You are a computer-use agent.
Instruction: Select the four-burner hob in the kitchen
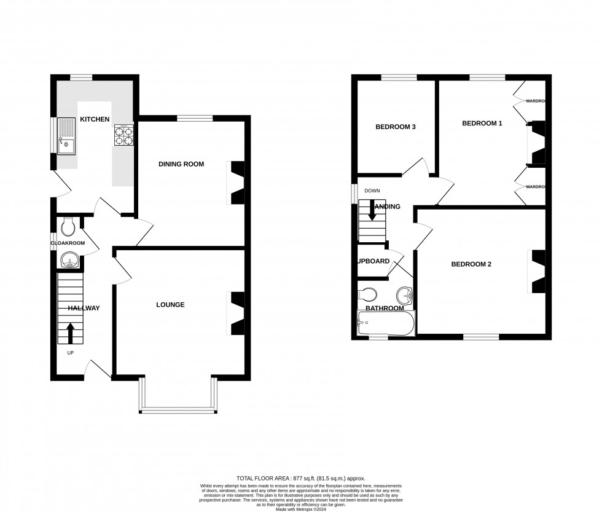pyautogui.click(x=124, y=135)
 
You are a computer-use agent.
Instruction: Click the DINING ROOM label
pyautogui.click(x=181, y=164)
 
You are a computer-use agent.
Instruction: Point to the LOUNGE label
pyautogui.click(x=170, y=305)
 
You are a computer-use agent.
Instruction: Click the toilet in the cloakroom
pyautogui.click(x=68, y=228)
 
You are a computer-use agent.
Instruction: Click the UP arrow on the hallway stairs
pyautogui.click(x=70, y=334)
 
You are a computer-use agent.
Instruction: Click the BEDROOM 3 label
pyautogui.click(x=396, y=127)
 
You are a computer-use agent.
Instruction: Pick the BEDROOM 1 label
pyautogui.click(x=482, y=124)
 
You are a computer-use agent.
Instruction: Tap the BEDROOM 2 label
pyautogui.click(x=471, y=264)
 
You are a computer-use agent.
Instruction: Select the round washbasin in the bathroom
pyautogui.click(x=404, y=293)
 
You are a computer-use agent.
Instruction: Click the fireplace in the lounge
pyautogui.click(x=237, y=313)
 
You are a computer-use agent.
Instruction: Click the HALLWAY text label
pyautogui.click(x=84, y=308)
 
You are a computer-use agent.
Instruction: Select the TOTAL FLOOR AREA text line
pyautogui.click(x=300, y=478)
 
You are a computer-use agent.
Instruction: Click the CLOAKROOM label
pyautogui.click(x=66, y=243)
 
